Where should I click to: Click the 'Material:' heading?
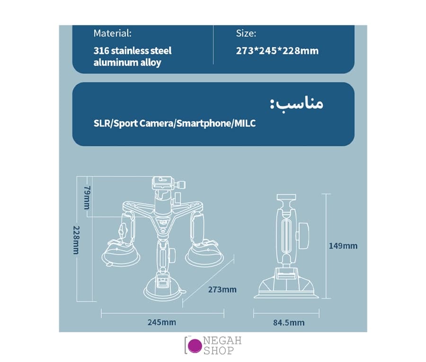[113, 34]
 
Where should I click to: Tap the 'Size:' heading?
[246, 34]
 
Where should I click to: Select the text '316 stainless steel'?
[133, 51]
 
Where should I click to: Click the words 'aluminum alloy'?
[127, 63]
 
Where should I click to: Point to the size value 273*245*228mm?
[277, 51]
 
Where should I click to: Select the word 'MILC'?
[245, 124]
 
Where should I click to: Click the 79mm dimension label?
[87, 197]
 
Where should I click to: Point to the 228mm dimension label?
[76, 240]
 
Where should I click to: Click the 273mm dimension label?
[222, 290]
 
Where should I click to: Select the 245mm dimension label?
[162, 322]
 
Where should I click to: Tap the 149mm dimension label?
[343, 246]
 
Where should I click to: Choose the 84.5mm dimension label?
[289, 323]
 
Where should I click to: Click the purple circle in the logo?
[195, 345]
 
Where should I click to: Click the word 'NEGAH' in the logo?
[222, 341]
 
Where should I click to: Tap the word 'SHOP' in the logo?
[219, 351]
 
